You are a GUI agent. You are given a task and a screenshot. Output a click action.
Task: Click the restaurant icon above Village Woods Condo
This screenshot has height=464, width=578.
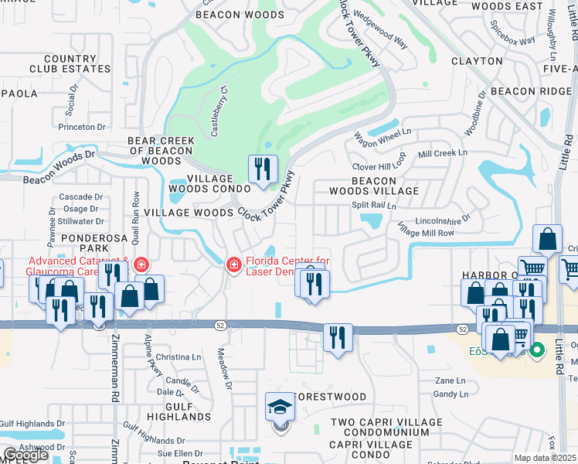click(263, 169)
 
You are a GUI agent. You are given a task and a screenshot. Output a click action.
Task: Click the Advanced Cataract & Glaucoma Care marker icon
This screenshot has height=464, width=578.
click(141, 265)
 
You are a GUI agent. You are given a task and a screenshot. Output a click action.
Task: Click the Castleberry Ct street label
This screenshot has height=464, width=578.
click(220, 117)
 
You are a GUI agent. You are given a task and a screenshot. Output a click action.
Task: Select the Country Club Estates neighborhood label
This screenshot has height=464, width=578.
click(59, 63)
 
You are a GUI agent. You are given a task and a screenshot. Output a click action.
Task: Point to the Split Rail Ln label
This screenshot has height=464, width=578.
click(374, 206)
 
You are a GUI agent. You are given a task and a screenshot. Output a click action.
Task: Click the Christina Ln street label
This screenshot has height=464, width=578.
click(178, 357)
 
